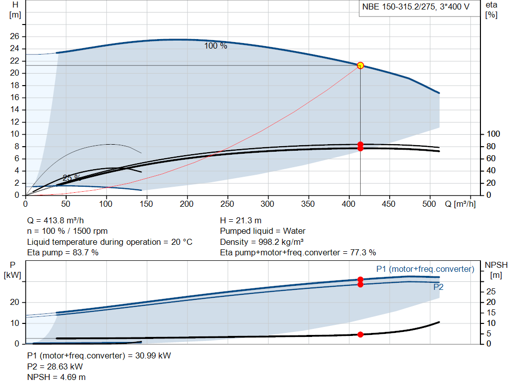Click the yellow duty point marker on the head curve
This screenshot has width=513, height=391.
click(360, 66)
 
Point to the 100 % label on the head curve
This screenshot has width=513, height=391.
click(215, 46)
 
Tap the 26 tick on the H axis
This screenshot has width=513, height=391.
click(15, 36)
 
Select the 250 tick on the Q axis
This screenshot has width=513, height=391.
click(227, 204)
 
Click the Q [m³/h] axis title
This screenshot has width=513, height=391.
click(460, 204)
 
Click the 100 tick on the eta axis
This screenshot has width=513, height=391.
click(493, 134)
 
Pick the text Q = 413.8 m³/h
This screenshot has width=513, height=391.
click(56, 221)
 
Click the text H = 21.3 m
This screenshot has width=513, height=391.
click(241, 221)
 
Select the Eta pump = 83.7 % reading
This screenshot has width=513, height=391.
click(63, 253)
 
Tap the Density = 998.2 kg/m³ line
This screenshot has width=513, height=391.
click(262, 242)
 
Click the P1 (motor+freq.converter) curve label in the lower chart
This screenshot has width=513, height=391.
click(425, 269)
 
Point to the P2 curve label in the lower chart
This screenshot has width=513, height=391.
click(438, 287)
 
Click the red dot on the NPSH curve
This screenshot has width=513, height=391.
click(360, 334)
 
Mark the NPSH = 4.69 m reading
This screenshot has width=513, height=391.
click(56, 377)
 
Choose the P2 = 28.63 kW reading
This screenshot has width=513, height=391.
click(55, 367)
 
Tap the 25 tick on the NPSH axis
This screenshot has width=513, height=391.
click(491, 291)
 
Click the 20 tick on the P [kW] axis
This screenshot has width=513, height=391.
click(15, 302)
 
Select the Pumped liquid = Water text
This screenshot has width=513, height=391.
click(263, 231)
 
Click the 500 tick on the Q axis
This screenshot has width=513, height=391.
click(429, 204)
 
